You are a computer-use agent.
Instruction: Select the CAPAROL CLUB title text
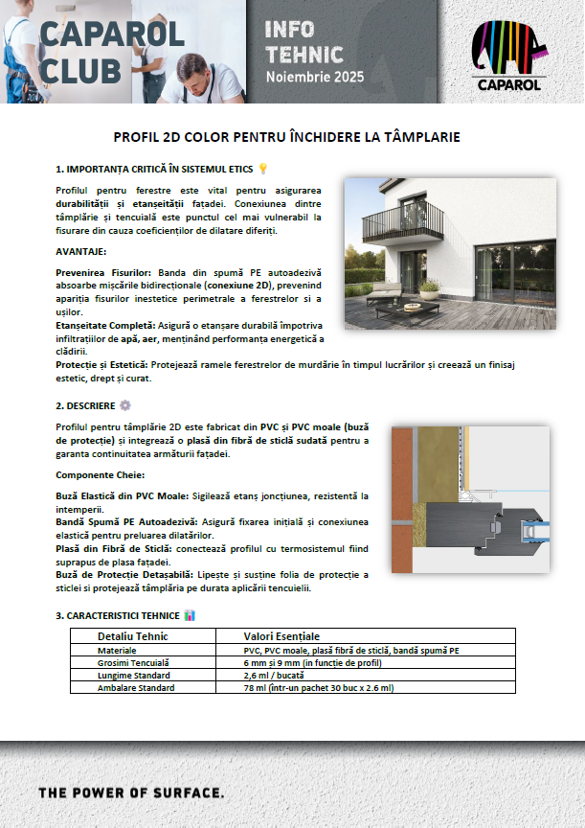tap(100, 51)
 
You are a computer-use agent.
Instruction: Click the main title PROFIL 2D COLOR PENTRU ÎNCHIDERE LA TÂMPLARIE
tap(292, 138)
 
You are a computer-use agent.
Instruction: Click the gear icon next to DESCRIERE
tap(124, 405)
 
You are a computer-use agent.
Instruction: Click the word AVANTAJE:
tap(81, 251)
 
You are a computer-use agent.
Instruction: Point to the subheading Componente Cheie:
tap(100, 475)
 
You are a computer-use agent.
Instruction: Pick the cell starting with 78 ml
tap(318, 687)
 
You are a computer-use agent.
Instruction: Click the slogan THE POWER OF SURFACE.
tap(131, 793)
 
